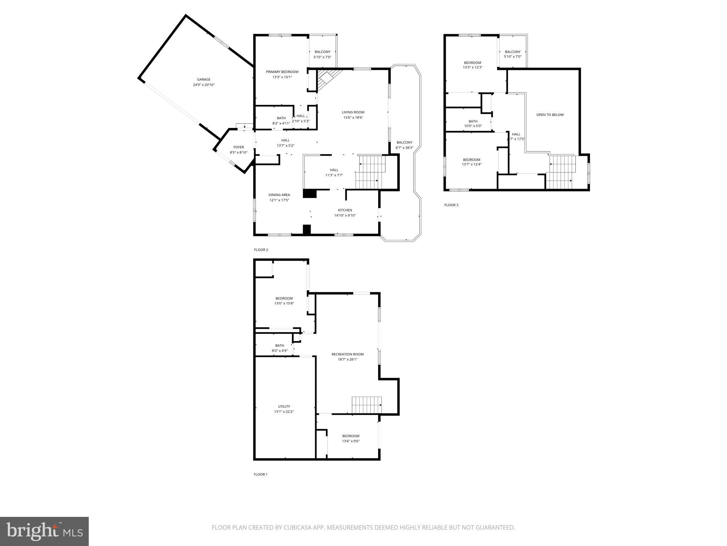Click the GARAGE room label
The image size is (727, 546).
(204, 80)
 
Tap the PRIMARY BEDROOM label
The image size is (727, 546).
(282, 72)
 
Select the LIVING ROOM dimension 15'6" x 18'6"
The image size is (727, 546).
(353, 118)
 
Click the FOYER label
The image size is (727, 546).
(239, 147)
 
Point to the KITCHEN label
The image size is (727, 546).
(345, 210)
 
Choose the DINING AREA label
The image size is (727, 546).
(279, 195)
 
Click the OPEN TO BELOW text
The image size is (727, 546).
(550, 115)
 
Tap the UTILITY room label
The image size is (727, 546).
(284, 406)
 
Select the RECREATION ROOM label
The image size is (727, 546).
(348, 354)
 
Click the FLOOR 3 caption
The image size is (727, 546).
(451, 205)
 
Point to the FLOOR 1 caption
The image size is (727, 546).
(261, 474)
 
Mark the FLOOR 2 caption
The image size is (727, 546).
(261, 250)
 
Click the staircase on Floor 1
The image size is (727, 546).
(367, 405)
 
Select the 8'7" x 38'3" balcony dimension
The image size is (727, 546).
(404, 148)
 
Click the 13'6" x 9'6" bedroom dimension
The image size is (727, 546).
(351, 441)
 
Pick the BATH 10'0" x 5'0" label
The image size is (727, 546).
(473, 121)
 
